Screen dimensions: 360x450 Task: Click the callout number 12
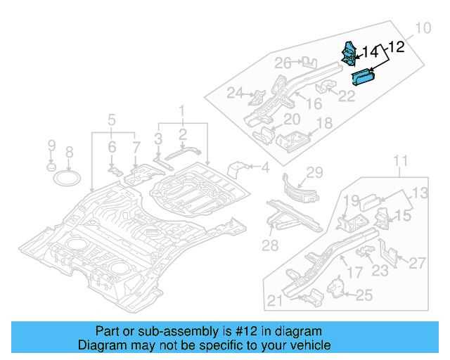tap(397, 47)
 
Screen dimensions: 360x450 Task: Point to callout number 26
tap(283, 64)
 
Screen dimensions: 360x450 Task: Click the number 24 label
tap(235, 93)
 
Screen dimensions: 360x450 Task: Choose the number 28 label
tap(271, 245)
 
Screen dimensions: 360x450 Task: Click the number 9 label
tap(51, 146)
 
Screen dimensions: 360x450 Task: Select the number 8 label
tap(69, 152)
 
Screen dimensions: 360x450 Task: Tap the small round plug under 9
tap(51, 167)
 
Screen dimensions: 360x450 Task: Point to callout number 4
tap(265, 167)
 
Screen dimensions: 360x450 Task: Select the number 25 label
tap(364, 295)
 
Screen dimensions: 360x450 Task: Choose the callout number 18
tap(323, 124)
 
